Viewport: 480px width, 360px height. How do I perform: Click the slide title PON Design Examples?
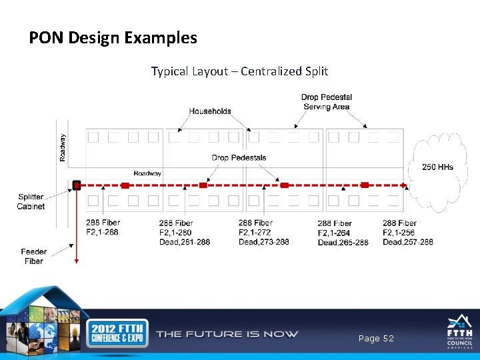[113, 37]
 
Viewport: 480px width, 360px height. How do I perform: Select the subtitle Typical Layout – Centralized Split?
[239, 71]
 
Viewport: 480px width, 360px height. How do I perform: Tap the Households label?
[210, 111]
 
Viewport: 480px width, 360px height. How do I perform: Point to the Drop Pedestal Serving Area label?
[327, 102]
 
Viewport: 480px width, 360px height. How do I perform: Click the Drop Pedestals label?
[239, 158]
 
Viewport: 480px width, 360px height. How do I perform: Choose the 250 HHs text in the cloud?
[437, 167]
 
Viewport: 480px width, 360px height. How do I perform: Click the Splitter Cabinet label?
[31, 202]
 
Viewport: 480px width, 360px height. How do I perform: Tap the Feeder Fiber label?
[33, 257]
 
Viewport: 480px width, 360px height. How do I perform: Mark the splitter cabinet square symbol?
[77, 185]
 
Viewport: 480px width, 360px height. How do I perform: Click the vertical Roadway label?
[63, 148]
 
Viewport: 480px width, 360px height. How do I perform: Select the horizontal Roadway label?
[147, 173]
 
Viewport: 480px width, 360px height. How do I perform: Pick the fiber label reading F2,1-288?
[103, 233]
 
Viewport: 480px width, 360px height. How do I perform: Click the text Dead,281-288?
[185, 242]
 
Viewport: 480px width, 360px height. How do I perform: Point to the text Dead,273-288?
[264, 242]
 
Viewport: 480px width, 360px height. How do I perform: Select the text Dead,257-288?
[408, 242]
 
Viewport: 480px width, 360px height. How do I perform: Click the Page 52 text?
[376, 339]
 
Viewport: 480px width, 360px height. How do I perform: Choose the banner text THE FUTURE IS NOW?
[227, 334]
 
